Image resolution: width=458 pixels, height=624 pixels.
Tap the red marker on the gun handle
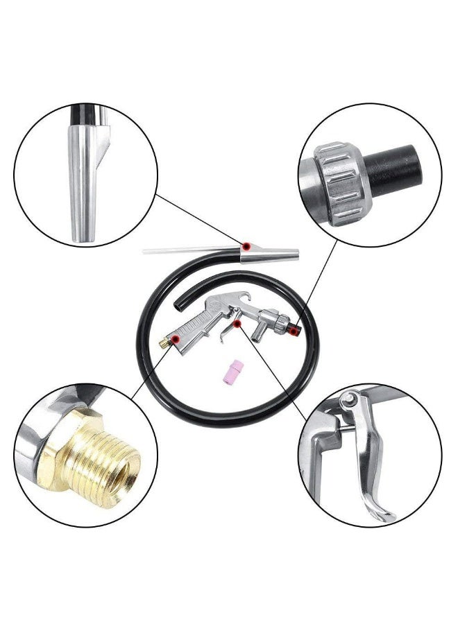point(176,339)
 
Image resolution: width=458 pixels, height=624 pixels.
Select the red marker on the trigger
point(237,323)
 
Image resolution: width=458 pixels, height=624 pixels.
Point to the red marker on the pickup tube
point(246,248)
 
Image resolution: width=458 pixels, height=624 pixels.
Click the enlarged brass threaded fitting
point(97,457)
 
